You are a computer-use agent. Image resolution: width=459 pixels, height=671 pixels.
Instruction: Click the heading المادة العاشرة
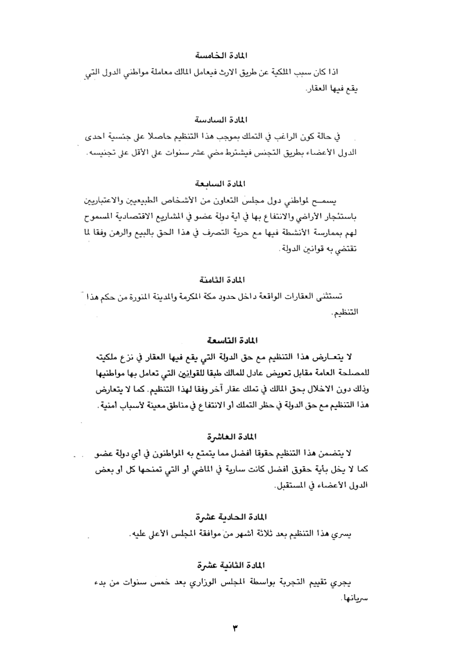(x=231, y=436)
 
